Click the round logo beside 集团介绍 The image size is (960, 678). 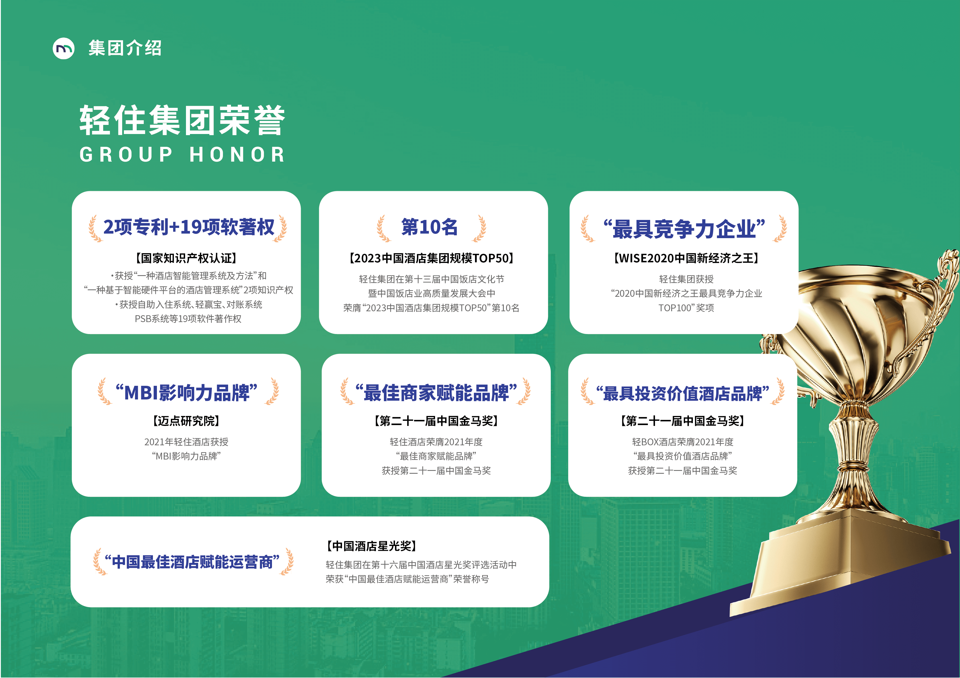64,48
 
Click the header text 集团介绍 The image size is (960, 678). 125,48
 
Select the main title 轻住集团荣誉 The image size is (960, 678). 182,120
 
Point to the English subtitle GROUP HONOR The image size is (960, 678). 182,154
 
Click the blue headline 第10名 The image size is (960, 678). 429,227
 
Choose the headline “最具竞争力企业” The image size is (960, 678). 684,229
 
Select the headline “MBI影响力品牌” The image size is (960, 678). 187,393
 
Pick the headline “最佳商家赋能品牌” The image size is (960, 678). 436,393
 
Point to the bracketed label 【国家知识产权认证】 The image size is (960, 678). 187,258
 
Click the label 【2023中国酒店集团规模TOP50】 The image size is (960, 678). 431,258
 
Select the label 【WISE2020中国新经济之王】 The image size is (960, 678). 686,258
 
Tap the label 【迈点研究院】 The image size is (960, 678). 187,421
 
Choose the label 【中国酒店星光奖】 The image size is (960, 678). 372,546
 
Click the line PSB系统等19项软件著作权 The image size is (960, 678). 188,319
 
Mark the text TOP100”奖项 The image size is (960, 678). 686,308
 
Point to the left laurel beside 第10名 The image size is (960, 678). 383,228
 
